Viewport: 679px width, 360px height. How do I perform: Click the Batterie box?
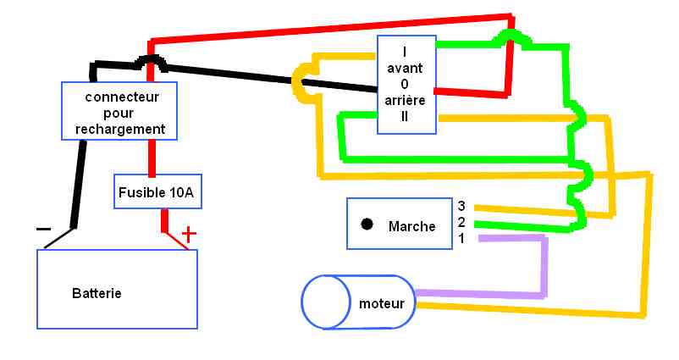(117, 289)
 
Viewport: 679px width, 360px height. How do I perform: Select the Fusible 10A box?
(156, 192)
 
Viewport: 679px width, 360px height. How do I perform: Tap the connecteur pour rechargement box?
(119, 112)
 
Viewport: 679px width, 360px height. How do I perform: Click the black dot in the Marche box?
(367, 224)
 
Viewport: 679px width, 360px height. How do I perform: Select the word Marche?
(411, 226)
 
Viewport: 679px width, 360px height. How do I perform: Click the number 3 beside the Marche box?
(461, 206)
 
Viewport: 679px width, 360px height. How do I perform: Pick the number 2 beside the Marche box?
(461, 222)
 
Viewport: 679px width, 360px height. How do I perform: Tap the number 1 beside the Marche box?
(461, 238)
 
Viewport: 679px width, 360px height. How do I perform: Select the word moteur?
(381, 303)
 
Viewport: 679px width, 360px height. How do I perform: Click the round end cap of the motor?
(326, 302)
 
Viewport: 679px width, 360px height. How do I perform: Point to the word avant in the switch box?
(406, 68)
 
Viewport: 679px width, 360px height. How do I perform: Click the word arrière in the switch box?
(406, 101)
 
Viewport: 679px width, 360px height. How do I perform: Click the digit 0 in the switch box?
(406, 84)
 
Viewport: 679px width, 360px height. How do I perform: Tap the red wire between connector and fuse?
(152, 158)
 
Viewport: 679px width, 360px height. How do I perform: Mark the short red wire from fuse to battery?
(165, 220)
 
